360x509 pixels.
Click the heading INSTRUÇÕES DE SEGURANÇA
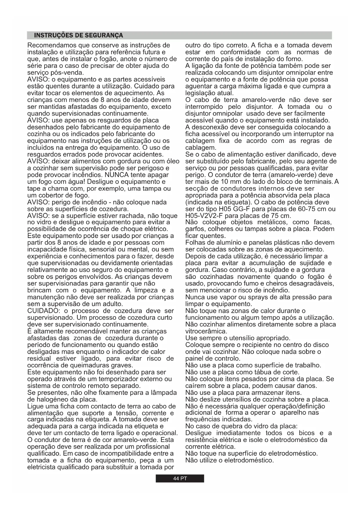coord(78,35)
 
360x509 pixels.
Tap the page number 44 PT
coord(180,479)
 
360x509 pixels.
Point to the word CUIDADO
coord(41,311)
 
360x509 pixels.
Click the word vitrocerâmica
coord(206,331)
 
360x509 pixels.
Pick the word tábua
coord(262,372)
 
